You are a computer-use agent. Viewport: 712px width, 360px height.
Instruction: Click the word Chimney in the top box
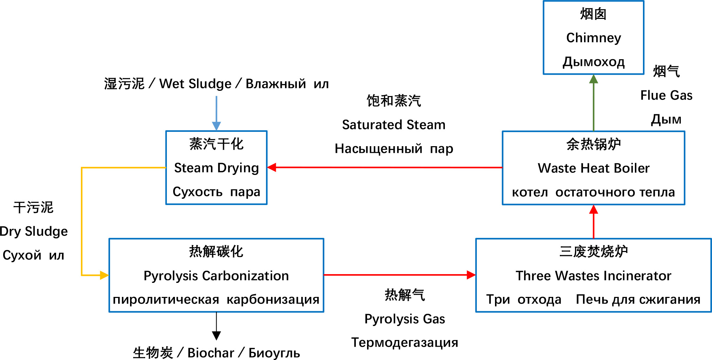point(594,38)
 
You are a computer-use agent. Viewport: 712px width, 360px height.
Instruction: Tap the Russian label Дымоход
point(594,62)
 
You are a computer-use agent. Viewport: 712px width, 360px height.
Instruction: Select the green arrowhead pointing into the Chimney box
point(594,79)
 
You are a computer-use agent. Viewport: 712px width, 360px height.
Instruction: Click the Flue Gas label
point(666,95)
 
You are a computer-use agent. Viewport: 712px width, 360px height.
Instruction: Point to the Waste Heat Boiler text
point(594,168)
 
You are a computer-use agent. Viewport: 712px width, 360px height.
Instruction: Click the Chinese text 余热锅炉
point(594,144)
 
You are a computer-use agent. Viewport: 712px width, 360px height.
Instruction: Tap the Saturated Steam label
point(394,125)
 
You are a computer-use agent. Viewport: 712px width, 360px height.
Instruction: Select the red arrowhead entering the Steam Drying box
point(272,167)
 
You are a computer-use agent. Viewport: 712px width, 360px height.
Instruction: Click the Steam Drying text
point(216,168)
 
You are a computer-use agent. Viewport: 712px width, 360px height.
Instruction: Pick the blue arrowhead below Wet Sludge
point(216,126)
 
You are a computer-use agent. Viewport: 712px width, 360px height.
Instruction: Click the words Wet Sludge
point(195,84)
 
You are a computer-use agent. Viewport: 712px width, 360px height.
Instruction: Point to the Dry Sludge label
point(34,232)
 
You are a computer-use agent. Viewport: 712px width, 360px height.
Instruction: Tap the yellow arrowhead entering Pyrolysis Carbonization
point(104,275)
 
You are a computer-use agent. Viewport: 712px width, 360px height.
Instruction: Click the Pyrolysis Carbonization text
point(216,276)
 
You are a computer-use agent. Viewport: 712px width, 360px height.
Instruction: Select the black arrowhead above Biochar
point(216,336)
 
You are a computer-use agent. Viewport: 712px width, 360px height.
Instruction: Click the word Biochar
point(211,353)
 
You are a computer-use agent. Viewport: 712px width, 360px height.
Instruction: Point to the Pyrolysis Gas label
point(405,319)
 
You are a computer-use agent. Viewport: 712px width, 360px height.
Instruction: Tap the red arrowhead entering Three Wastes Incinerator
point(471,275)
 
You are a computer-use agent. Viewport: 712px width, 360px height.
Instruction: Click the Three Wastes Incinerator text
point(594,276)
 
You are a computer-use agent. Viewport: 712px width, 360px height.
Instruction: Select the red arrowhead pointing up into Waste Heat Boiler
point(594,209)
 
